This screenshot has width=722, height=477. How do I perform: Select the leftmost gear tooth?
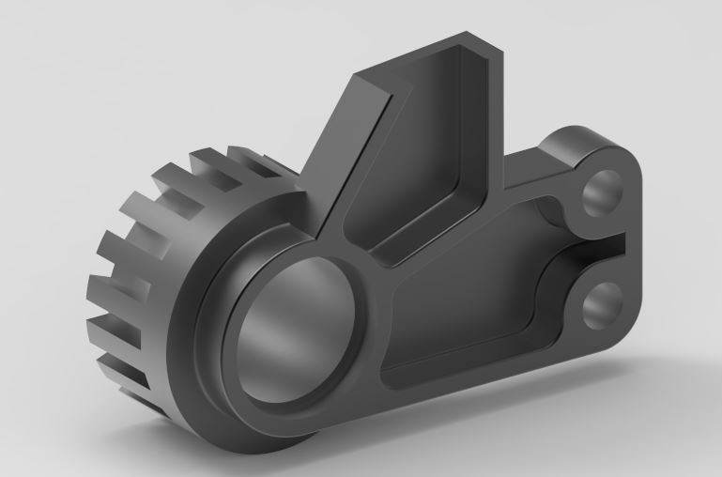[x=99, y=282]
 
